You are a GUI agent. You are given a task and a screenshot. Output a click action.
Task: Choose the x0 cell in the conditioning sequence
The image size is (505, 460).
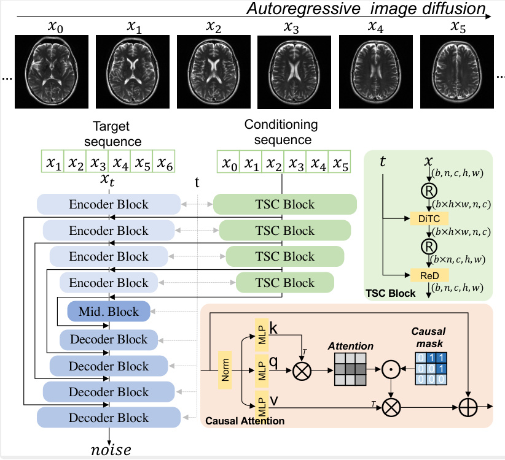click(229, 164)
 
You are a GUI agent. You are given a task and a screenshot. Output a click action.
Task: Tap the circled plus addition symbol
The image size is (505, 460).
click(468, 406)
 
